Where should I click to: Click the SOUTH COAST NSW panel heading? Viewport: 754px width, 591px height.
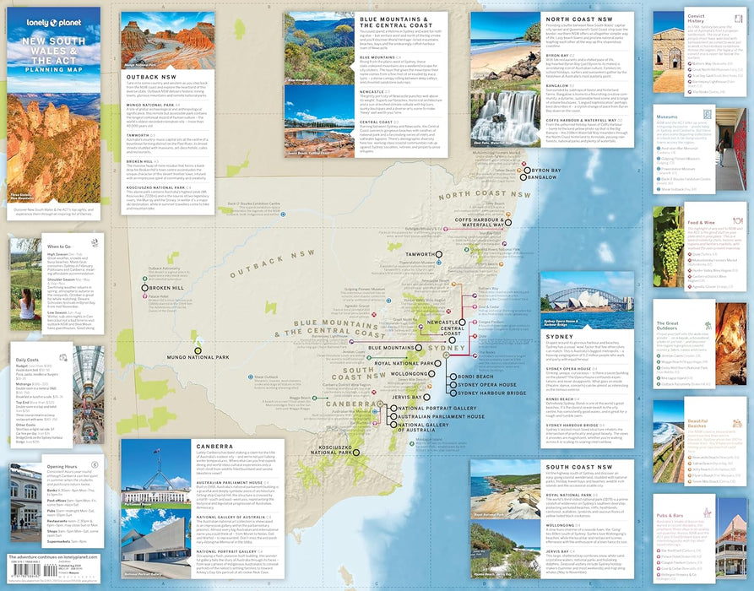point(583,467)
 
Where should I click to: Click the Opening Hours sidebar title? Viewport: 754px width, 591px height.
point(63,466)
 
